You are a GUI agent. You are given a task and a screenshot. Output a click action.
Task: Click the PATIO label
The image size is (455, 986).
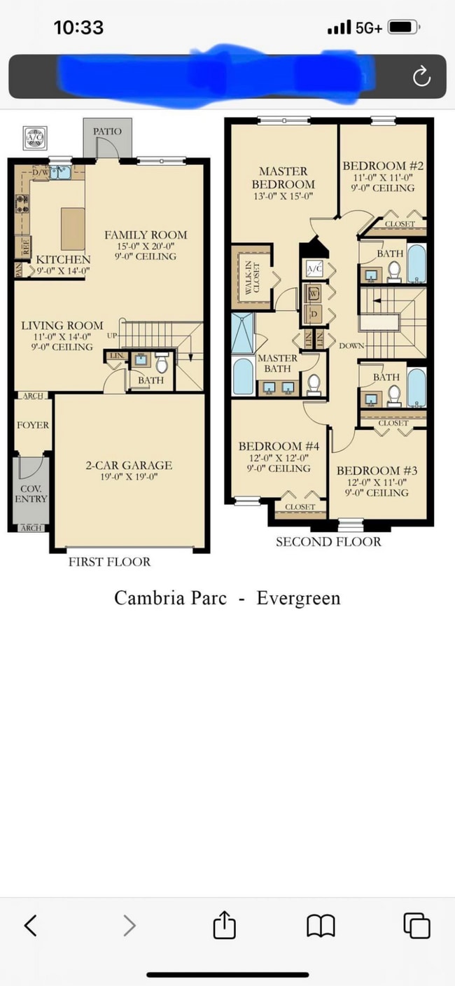pos(106,131)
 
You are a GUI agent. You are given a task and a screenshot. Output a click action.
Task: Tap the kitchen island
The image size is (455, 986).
pos(73,228)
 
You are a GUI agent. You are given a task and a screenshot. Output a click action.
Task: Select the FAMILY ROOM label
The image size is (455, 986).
pos(146,235)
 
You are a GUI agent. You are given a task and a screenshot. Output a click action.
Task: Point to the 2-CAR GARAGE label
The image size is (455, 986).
pos(129,465)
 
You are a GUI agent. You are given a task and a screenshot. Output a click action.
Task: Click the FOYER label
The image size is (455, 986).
pos(33,425)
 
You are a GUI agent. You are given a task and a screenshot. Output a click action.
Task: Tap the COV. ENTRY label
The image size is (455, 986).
pos(31,494)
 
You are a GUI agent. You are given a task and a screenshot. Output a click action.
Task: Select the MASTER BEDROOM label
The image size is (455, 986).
pos(283,178)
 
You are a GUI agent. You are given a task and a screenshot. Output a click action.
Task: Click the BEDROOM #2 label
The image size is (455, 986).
pos(383,166)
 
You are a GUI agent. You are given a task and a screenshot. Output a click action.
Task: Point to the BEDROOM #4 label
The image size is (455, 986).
pos(279,446)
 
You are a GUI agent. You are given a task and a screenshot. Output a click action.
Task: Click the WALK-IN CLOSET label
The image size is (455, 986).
pos(248,277)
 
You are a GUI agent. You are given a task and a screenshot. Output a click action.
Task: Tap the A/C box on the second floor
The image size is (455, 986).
pos(314,269)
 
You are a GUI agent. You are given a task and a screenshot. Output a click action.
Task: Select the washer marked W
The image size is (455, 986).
pos(314,293)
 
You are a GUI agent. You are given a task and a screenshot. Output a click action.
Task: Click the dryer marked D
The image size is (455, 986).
pos(314,314)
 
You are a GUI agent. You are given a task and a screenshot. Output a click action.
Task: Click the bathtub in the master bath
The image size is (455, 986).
pos(242,376)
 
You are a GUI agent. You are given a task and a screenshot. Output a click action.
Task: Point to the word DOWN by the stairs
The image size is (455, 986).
pos(351,346)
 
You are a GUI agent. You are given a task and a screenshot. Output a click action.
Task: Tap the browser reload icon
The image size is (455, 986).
pos(421,76)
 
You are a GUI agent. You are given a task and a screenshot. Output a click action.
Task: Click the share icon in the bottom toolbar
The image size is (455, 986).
pos(223,926)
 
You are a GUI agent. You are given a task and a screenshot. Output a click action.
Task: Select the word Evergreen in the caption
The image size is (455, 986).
pos(298,599)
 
